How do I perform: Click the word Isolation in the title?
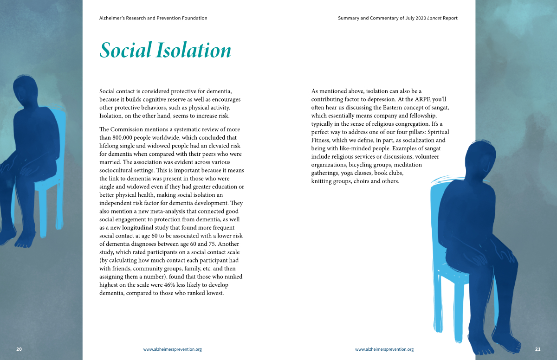click(x=194, y=51)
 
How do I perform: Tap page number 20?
click(x=19, y=349)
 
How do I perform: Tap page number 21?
click(x=538, y=349)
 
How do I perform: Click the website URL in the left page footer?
click(x=172, y=349)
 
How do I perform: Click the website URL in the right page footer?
click(x=384, y=349)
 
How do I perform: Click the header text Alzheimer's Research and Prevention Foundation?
click(x=153, y=18)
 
